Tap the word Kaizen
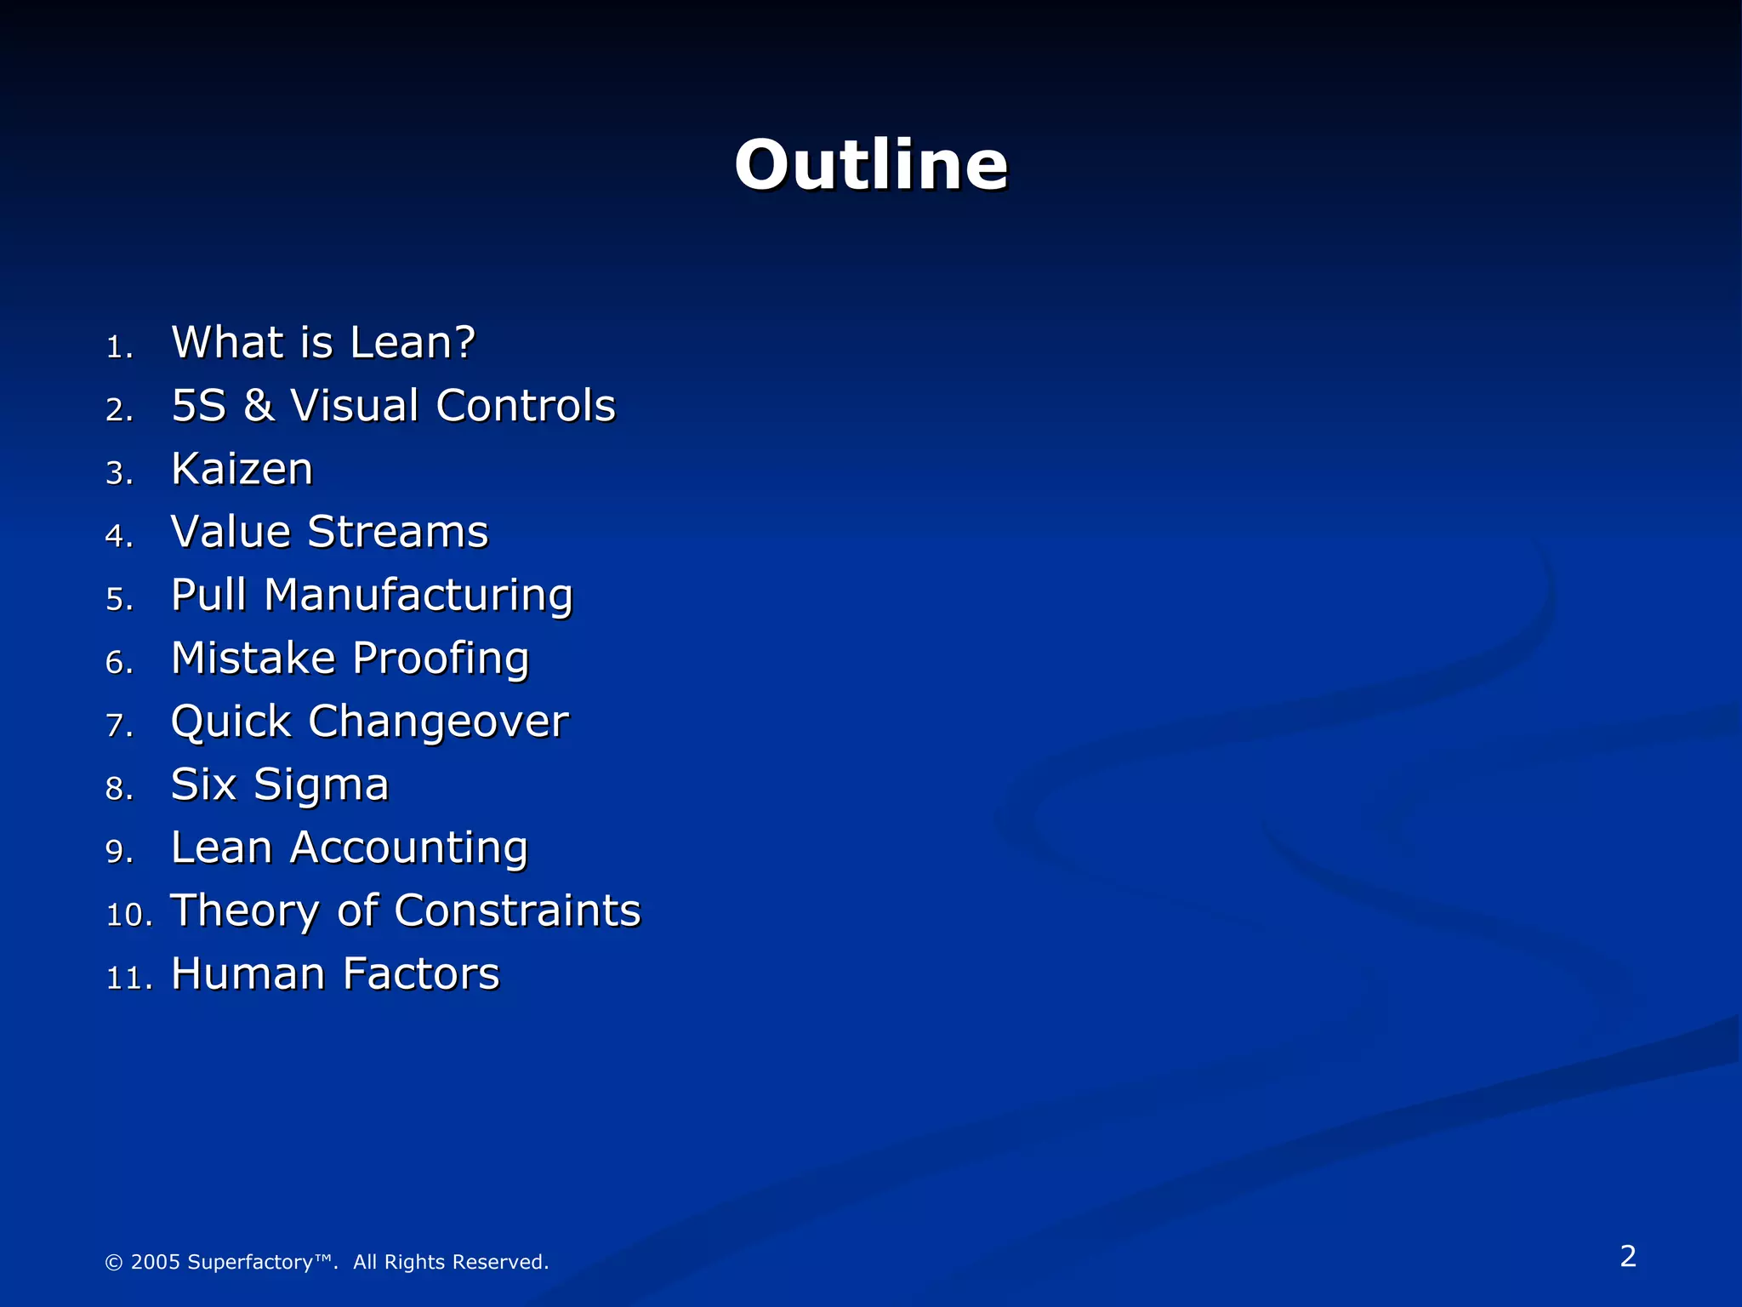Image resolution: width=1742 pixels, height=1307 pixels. pos(242,469)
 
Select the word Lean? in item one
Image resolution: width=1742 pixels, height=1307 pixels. pos(413,343)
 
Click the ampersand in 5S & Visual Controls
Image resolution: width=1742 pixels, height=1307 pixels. pos(259,406)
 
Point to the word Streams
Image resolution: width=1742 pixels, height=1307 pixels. pos(398,532)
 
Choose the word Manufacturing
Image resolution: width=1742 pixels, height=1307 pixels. pos(418,596)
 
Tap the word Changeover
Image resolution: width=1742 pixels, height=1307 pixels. pos(438,722)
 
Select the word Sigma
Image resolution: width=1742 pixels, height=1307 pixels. pos(322,785)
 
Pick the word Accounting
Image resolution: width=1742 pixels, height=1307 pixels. pos(409,848)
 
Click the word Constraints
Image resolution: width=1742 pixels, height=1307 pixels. pos(517,910)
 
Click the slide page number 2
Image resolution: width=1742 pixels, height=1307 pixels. pos(1628,1256)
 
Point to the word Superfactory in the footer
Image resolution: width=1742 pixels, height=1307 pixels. pos(250,1262)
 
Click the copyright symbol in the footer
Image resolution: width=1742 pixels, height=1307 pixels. pos(113,1262)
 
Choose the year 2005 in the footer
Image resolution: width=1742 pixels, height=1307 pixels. pos(156,1262)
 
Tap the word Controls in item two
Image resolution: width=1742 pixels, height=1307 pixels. pos(526,406)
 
